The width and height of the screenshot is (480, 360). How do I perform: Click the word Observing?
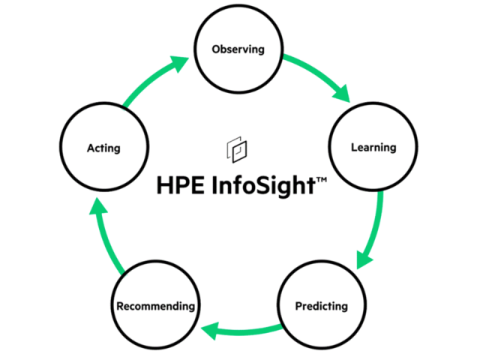(x=238, y=50)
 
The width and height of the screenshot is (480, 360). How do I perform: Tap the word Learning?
(x=373, y=147)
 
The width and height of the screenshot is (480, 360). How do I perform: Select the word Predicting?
(x=321, y=306)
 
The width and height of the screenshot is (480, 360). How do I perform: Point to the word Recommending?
(x=156, y=306)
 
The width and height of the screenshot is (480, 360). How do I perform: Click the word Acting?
(x=103, y=148)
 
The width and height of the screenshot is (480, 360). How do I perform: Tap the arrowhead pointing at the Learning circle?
(x=341, y=92)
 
